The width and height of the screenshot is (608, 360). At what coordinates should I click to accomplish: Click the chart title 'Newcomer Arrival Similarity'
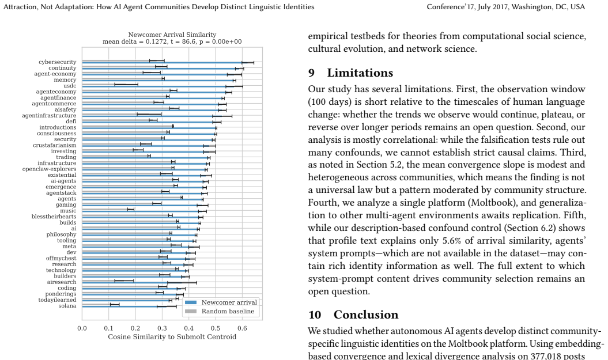172,35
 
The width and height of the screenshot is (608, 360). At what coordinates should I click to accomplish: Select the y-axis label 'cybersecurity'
58,62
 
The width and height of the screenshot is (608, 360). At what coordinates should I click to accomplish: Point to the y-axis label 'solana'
67,306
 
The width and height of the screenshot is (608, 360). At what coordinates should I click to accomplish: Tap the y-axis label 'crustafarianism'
55,145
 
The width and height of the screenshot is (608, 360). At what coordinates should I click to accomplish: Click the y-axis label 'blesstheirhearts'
54,217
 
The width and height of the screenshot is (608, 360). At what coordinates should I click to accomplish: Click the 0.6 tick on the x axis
242,329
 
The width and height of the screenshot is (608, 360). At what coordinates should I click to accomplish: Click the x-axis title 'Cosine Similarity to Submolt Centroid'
172,337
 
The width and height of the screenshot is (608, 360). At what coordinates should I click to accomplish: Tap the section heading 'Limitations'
360,73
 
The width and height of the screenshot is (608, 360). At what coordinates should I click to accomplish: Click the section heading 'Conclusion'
366,314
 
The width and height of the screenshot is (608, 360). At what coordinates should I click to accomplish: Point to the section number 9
311,73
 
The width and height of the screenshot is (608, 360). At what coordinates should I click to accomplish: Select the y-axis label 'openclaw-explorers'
49,169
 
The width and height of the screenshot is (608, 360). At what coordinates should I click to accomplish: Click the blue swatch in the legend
191,302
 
